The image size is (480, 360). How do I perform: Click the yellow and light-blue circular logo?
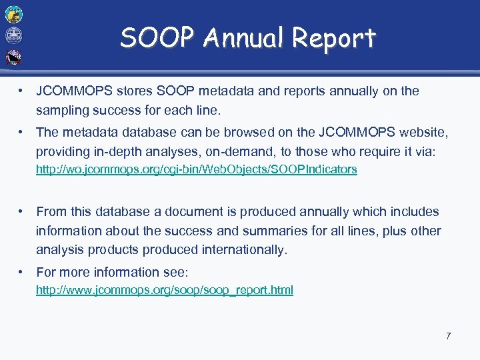coord(13,13)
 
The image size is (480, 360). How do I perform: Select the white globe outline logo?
coord(13,35)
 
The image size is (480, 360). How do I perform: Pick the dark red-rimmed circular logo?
coord(13,57)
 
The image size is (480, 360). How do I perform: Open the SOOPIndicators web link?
coord(196,169)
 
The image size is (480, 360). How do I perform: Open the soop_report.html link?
coord(164,290)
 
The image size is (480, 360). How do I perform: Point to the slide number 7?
coord(449,336)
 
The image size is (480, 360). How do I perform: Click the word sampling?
coord(61,110)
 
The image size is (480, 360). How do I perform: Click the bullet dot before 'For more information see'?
coord(23,272)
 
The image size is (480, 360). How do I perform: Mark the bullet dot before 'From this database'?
coord(23,211)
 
